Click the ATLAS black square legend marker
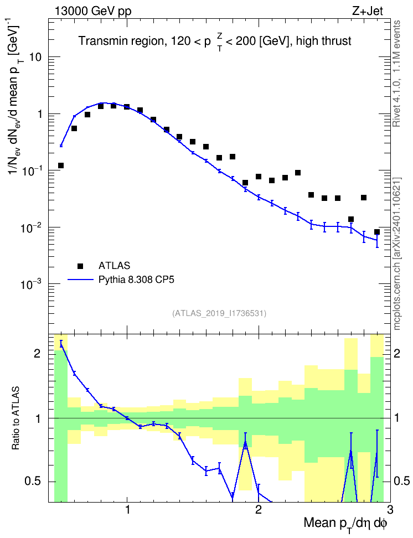[x=80, y=266]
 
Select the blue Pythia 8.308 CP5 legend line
[x=81, y=280]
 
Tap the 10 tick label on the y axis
[x=35, y=57]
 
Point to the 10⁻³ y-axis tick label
[x=32, y=283]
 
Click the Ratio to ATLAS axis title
[x=16, y=418]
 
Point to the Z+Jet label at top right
[x=368, y=11]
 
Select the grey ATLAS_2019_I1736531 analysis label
[x=219, y=313]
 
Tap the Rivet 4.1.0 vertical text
[x=396, y=74]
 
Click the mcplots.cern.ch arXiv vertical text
[x=396, y=254]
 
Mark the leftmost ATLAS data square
[x=61, y=165]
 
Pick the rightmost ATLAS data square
[x=377, y=232]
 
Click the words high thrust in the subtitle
[x=323, y=41]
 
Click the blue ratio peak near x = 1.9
[x=245, y=443]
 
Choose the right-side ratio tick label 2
[x=397, y=353]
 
